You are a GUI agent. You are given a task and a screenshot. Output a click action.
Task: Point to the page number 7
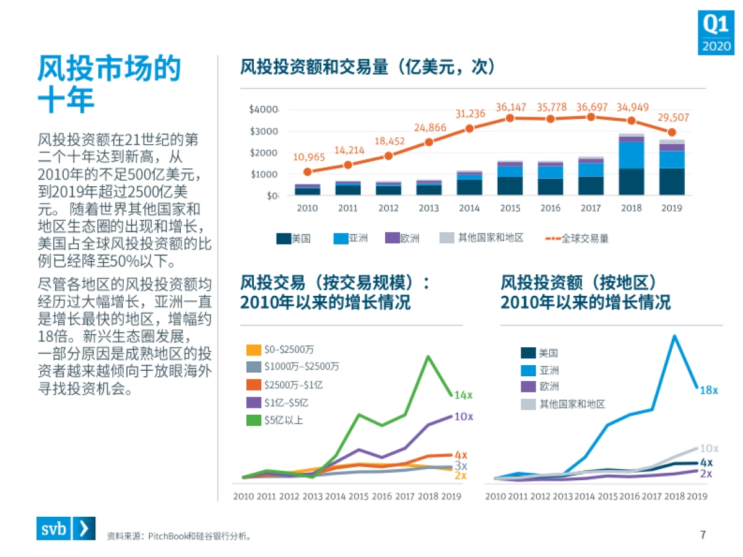click(x=703, y=534)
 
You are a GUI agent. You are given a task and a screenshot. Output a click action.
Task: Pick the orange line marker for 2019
click(x=672, y=132)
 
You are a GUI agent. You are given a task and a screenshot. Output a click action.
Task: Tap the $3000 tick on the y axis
click(x=263, y=131)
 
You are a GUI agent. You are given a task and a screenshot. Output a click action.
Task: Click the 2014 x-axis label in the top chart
click(x=469, y=208)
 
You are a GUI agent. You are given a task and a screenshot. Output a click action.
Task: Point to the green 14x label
click(x=464, y=395)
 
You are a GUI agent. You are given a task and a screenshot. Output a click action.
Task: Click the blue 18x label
click(x=708, y=391)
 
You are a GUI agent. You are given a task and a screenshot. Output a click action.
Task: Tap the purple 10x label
click(x=464, y=417)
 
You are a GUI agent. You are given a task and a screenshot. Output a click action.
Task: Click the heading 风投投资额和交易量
click(x=368, y=67)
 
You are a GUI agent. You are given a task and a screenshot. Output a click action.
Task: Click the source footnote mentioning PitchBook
click(x=180, y=536)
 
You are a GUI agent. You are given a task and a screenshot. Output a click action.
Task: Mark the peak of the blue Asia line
click(x=674, y=336)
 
